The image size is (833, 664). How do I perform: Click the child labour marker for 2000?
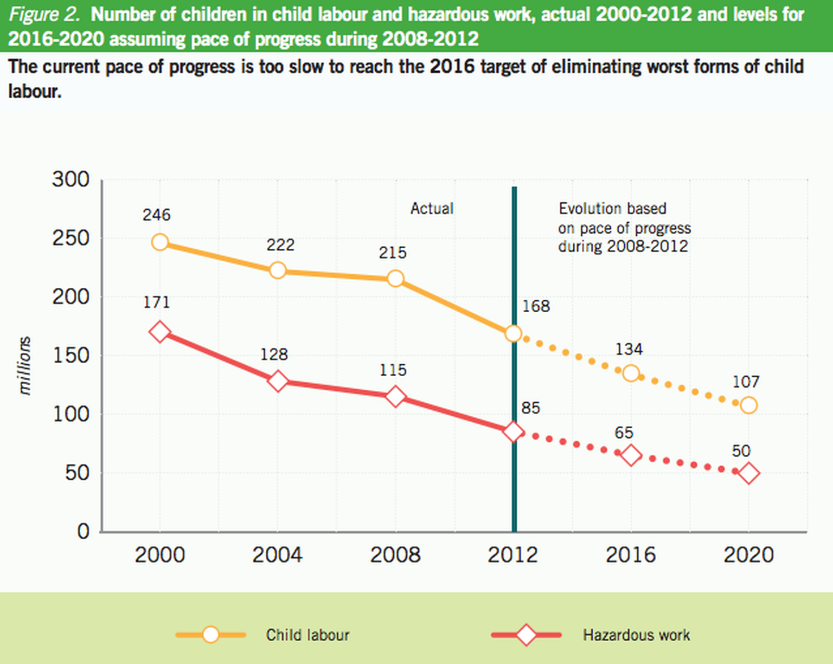(x=159, y=242)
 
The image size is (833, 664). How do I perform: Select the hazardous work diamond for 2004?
(x=278, y=382)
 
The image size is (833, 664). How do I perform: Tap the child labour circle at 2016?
(x=631, y=373)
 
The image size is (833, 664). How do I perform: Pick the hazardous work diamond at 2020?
(x=749, y=473)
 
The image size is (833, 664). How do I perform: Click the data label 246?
(x=156, y=215)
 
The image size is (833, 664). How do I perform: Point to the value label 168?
(x=536, y=306)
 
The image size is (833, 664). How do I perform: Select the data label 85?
(x=530, y=408)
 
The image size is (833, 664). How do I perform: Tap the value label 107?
(x=746, y=382)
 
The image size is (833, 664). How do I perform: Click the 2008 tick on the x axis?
(x=395, y=555)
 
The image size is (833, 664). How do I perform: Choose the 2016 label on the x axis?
(x=631, y=555)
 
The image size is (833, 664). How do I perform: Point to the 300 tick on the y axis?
(x=71, y=179)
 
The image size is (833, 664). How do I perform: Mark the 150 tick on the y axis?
(x=71, y=356)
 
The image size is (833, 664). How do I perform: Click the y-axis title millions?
(x=24, y=366)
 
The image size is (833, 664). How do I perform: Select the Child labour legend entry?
(x=307, y=635)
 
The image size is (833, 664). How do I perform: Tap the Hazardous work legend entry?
(x=636, y=635)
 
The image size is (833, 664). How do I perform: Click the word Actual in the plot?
(x=432, y=209)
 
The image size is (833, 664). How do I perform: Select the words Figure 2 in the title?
(x=44, y=15)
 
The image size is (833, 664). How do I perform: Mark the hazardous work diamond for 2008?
(x=395, y=397)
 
